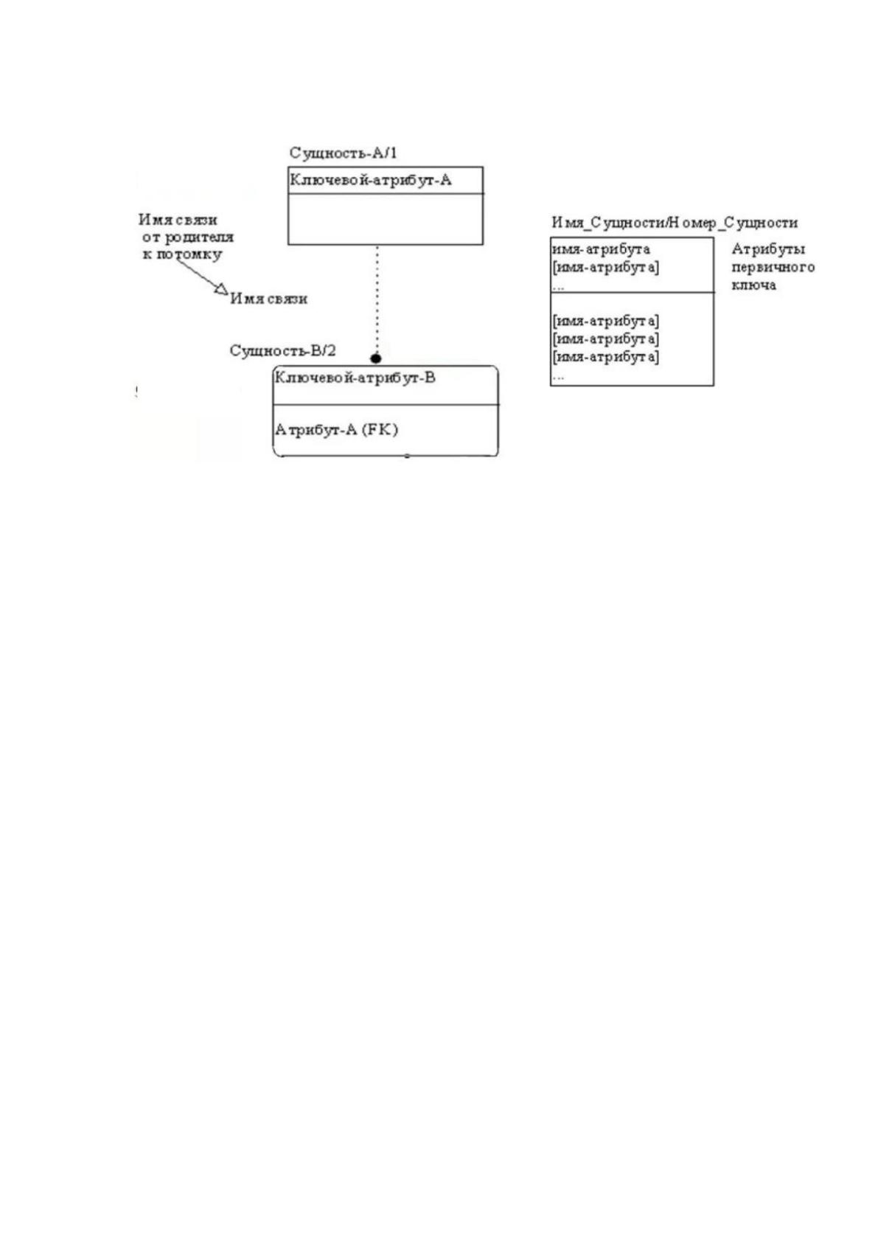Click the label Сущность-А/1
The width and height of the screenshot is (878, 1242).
click(343, 153)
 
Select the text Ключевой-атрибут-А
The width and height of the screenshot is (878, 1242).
click(371, 180)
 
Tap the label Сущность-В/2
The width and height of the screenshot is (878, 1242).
click(282, 351)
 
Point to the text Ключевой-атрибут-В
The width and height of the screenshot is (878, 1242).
click(355, 378)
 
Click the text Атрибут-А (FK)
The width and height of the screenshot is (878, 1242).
click(336, 430)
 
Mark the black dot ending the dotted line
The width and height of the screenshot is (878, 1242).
click(376, 358)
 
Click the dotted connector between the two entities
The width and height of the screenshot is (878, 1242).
click(377, 299)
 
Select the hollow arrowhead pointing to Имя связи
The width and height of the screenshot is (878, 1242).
click(221, 288)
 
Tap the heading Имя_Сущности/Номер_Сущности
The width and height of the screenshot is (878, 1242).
click(675, 223)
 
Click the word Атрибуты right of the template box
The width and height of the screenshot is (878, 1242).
click(768, 249)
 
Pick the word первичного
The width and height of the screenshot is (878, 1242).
click(773, 267)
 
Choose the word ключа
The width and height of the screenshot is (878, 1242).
click(754, 285)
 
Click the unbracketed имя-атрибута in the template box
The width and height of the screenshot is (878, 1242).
click(601, 249)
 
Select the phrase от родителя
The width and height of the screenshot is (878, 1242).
click(188, 237)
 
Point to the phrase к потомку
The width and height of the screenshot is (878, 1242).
click(182, 254)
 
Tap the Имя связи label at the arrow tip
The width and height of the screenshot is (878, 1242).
click(269, 299)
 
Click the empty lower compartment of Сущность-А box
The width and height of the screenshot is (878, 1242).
click(386, 219)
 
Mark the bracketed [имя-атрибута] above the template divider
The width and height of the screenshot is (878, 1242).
click(606, 268)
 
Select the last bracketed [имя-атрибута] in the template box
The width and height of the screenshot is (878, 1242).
click(606, 356)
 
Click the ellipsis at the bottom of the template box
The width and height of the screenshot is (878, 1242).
click(558, 377)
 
